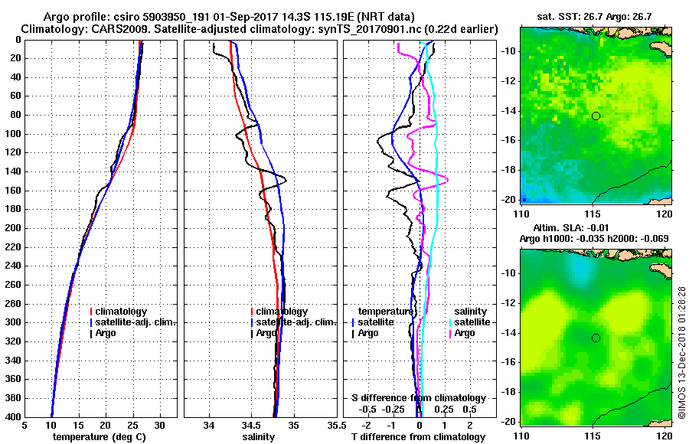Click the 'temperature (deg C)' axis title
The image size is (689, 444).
click(100, 437)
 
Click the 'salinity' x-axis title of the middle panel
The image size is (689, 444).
click(259, 437)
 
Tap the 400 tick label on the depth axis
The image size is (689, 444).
click(13, 416)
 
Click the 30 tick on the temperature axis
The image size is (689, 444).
click(160, 425)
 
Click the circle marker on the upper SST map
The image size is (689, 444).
click(596, 116)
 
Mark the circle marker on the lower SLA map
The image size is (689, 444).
click(596, 338)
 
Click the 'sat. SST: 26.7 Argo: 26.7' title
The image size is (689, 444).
click(594, 15)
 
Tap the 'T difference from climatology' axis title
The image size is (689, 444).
click(418, 437)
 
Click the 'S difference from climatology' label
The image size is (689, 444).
click(418, 398)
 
